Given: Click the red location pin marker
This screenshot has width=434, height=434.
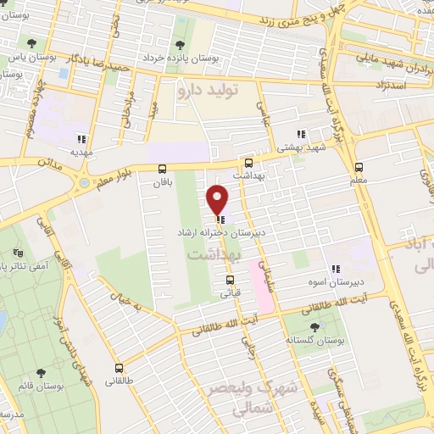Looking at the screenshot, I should point(219,199).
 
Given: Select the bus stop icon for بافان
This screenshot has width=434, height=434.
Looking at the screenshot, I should point(163,169).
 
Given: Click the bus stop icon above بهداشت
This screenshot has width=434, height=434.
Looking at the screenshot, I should point(248,163).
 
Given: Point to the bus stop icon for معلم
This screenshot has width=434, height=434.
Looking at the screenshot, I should point(359,168).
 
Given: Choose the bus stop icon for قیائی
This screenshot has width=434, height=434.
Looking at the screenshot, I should point(230,280).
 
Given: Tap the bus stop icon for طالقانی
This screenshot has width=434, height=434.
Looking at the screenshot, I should point(119,368).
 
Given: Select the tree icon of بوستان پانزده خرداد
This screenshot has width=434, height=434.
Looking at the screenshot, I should point(179,45).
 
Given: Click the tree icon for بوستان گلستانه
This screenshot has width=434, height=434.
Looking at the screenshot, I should point(315,325).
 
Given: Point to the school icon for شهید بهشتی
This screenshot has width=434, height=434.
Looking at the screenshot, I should point(299,133).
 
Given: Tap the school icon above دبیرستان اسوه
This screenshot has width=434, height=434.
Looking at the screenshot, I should point(335,270).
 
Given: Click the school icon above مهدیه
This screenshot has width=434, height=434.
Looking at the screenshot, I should point(81,140).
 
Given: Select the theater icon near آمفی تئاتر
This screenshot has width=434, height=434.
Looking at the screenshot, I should point(19,253).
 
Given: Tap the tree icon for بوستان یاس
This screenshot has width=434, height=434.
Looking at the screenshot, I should point(31,42).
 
